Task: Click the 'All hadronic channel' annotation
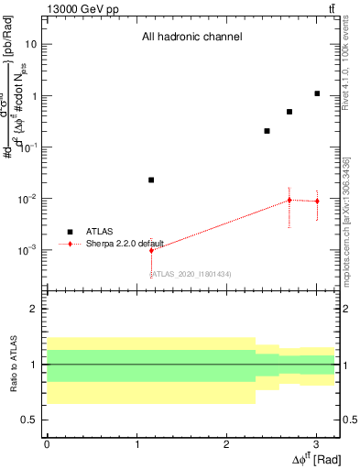pos(191,38)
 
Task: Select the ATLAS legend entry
pos(99,232)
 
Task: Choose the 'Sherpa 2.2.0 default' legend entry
pos(125,244)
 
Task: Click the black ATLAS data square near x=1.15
pos(151,180)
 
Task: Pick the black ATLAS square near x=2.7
pos(289,112)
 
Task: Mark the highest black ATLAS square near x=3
pos(317,93)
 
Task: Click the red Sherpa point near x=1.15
pos(151,250)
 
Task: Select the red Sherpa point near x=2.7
pos(289,200)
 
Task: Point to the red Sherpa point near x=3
pos(317,202)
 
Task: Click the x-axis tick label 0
pos(47,442)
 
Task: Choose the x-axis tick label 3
pos(316,442)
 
